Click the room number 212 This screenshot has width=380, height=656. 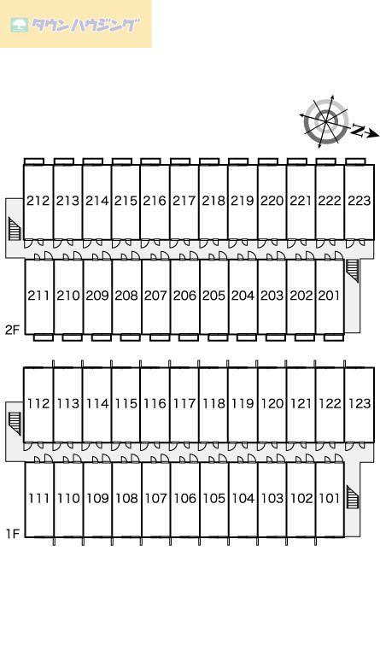coord(38,201)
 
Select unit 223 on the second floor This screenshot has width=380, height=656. coord(360,201)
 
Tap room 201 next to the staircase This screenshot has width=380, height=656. coord(330,296)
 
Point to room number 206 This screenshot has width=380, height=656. coord(184,296)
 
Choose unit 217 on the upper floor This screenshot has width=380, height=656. coord(184,201)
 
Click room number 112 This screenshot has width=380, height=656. coord(38,404)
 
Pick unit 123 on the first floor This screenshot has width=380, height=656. coord(360,404)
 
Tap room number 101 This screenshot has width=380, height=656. coord(330,498)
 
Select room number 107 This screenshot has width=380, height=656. coord(155,498)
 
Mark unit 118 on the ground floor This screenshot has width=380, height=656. coord(213,404)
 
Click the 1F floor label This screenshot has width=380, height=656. coord(13,534)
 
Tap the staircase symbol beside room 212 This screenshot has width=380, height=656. coord(15,228)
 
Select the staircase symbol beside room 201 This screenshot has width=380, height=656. coord(353,270)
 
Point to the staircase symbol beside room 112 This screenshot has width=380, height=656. coord(15,424)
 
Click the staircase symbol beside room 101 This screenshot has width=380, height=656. coord(353,497)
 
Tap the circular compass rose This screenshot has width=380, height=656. coord(325,121)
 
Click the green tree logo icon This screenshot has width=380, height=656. coord(20,25)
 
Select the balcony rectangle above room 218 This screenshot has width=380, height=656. coord(209,161)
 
